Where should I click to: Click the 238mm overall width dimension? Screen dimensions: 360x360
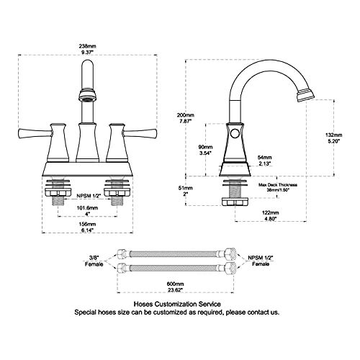(87, 49)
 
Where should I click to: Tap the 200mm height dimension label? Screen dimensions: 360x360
(186, 118)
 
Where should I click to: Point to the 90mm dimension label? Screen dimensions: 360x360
(205, 150)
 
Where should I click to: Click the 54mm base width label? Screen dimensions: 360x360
(264, 161)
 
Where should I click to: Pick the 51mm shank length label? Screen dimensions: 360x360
(186, 191)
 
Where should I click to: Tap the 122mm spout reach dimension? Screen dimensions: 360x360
(270, 215)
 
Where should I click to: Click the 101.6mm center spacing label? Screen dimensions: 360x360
(87, 210)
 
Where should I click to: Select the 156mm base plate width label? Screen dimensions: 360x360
(87, 227)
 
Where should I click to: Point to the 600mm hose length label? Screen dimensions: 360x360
(175, 287)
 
